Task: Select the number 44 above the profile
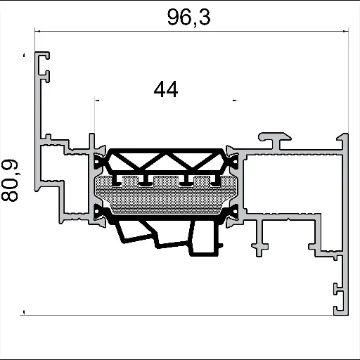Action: tap(165, 90)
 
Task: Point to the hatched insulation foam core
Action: tap(166, 198)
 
